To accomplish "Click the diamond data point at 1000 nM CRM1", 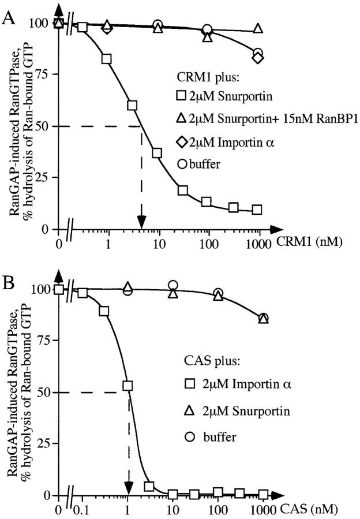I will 258,58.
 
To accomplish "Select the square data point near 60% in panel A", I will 132,105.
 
